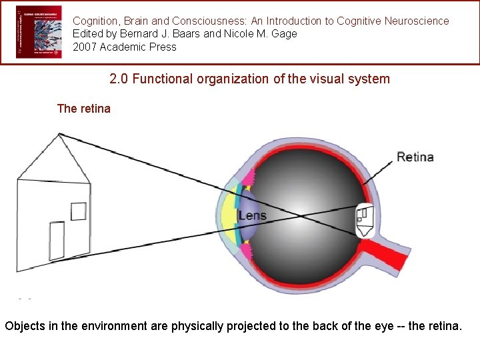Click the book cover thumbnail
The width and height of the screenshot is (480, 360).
pyautogui.click(x=39, y=32)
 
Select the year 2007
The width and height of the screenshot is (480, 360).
pyautogui.click(x=85, y=47)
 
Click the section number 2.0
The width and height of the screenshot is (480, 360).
pyautogui.click(x=119, y=79)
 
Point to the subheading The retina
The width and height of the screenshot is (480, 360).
pyautogui.click(x=84, y=109)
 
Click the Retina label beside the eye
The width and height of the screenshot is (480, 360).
pyautogui.click(x=415, y=157)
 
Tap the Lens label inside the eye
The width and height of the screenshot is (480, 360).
pyautogui.click(x=252, y=215)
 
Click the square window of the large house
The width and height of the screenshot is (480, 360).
pyautogui.click(x=79, y=211)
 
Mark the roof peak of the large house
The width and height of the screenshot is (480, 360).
pyautogui.click(x=59, y=135)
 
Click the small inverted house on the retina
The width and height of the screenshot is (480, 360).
pyautogui.click(x=364, y=219)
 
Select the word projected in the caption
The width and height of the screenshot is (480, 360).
pyautogui.click(x=268, y=327)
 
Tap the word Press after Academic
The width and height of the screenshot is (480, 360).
pyautogui.click(x=163, y=47)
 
